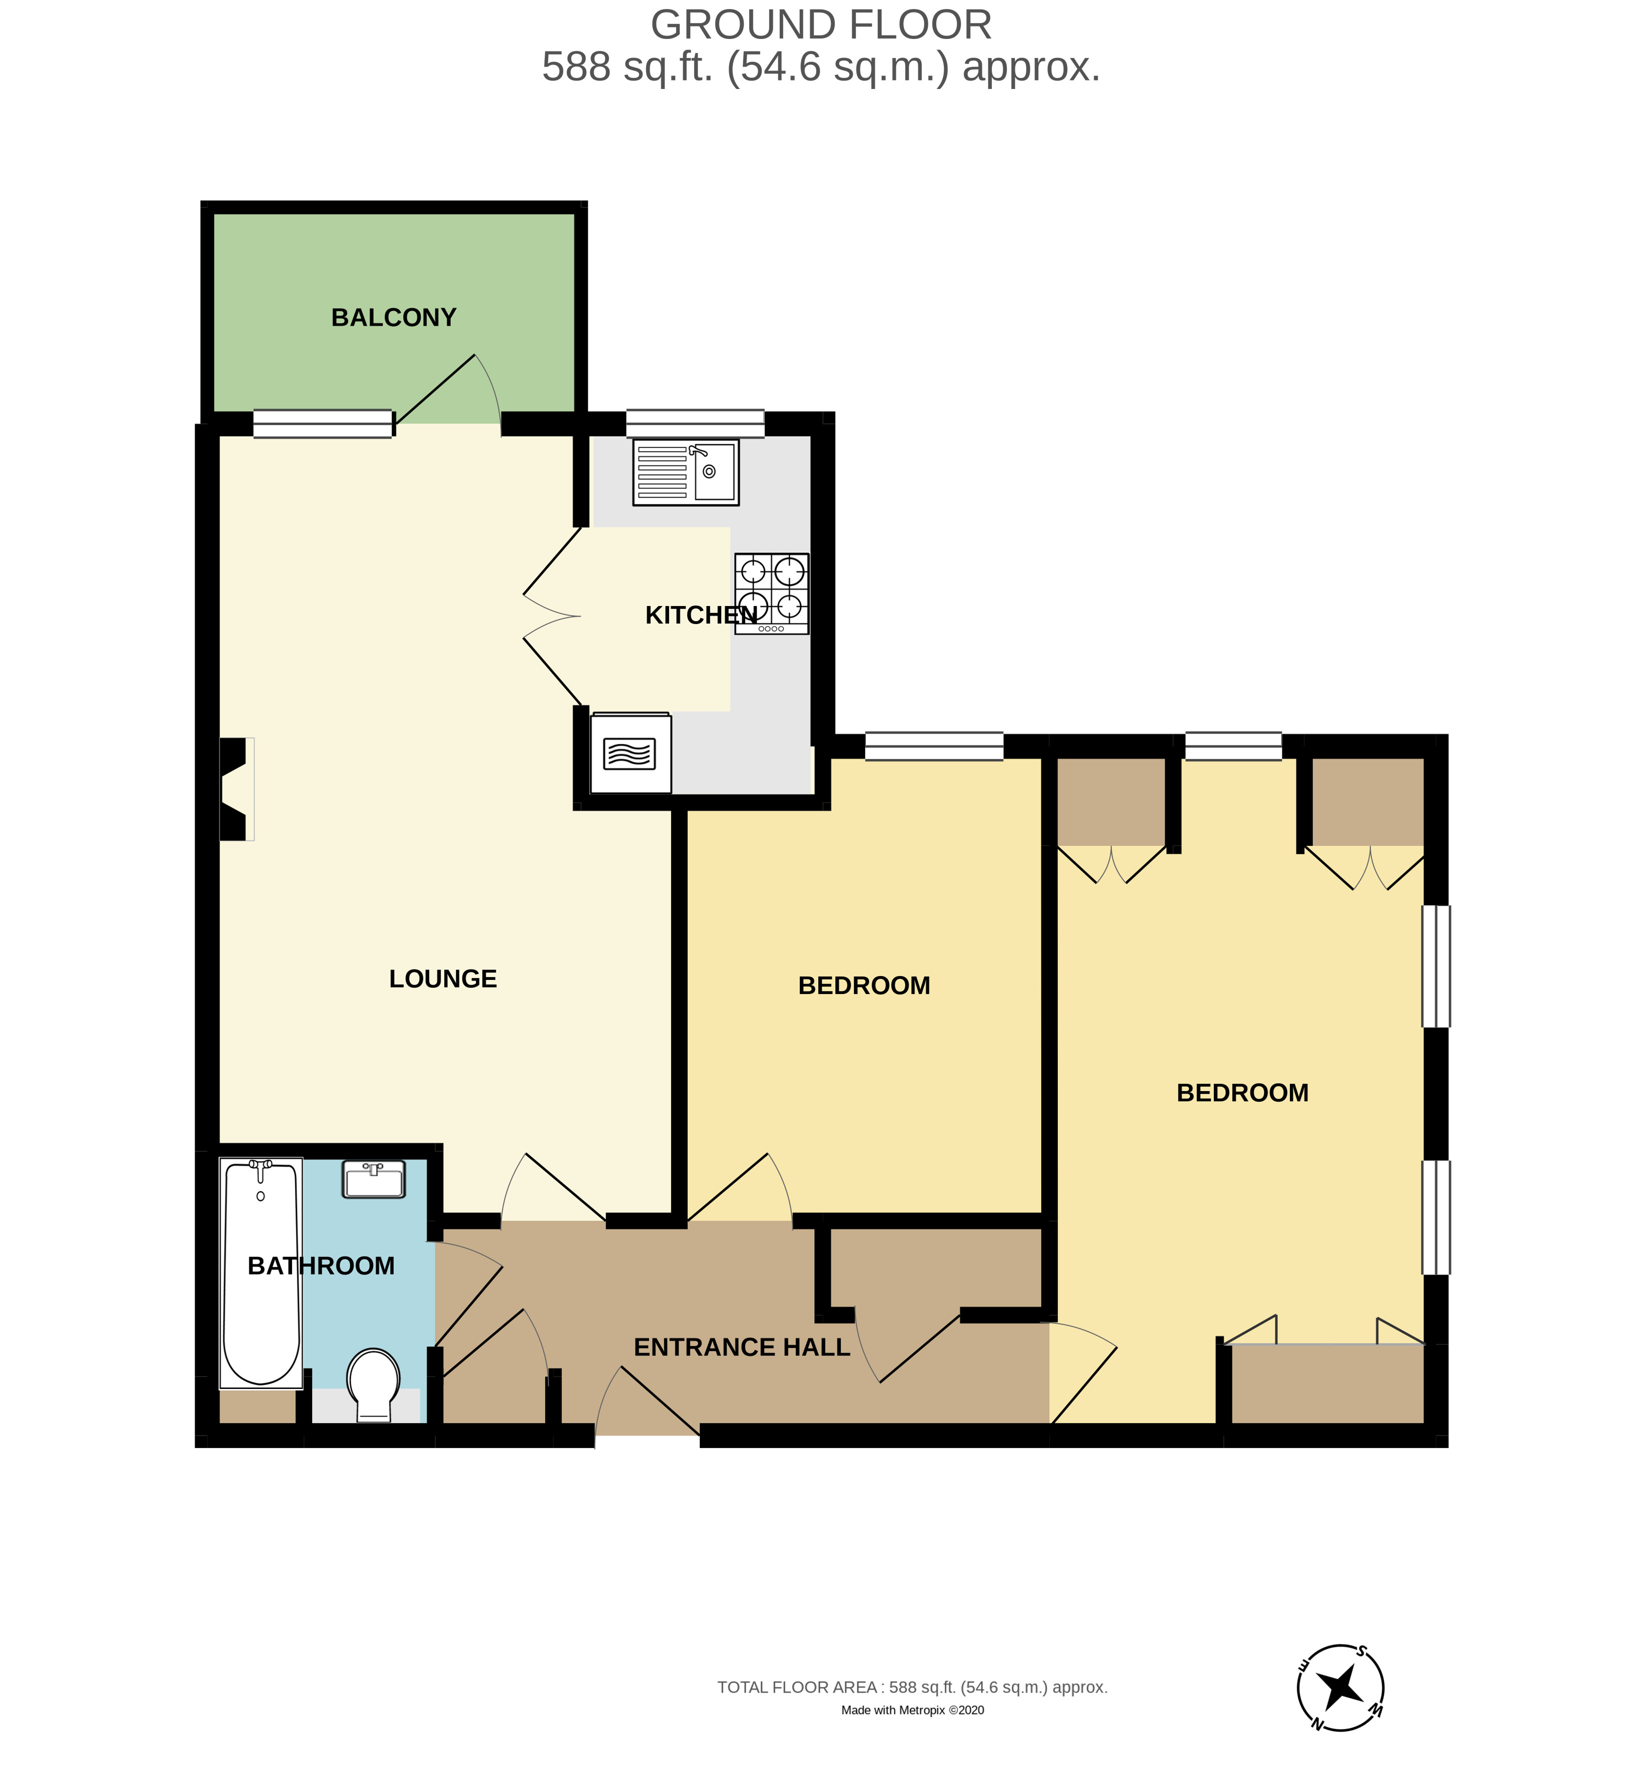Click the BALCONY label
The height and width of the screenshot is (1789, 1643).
[x=393, y=317]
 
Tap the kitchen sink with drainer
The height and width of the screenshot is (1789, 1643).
[x=686, y=473]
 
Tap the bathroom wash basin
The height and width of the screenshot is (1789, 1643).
[x=374, y=1180]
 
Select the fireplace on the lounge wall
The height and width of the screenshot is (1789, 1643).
[x=235, y=788]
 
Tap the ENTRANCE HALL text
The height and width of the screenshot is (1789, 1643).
[x=742, y=1347]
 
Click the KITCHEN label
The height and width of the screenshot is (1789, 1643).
[x=701, y=615]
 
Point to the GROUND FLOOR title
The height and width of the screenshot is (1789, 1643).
[x=821, y=25]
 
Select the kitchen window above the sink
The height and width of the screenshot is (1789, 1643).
[x=695, y=424]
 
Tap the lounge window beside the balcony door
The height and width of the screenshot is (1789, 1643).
[x=323, y=424]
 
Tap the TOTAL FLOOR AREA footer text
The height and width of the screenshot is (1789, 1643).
[x=912, y=1687]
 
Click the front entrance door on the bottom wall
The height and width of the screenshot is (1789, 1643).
[x=647, y=1402]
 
